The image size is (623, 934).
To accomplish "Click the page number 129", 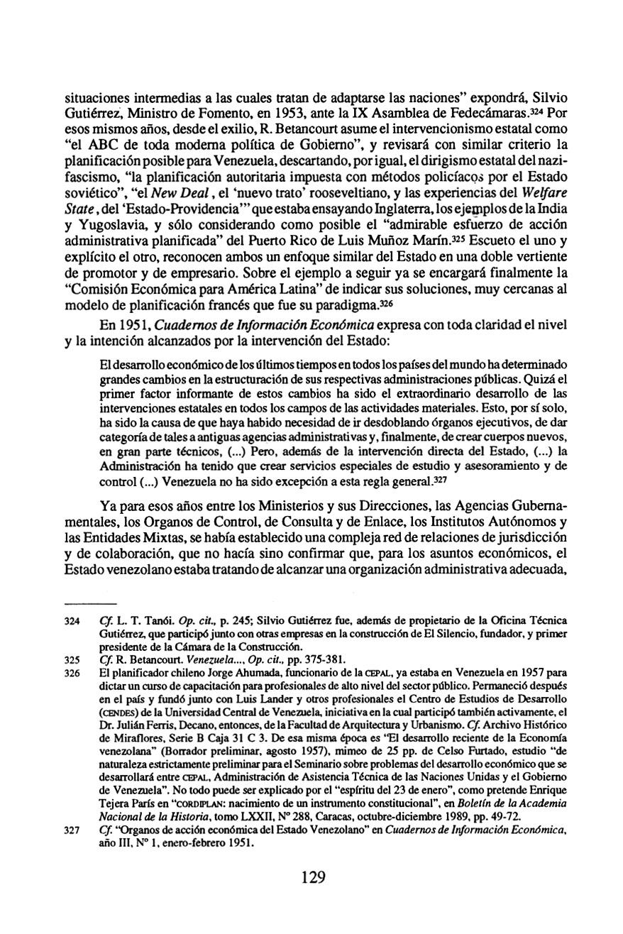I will [312, 877].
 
